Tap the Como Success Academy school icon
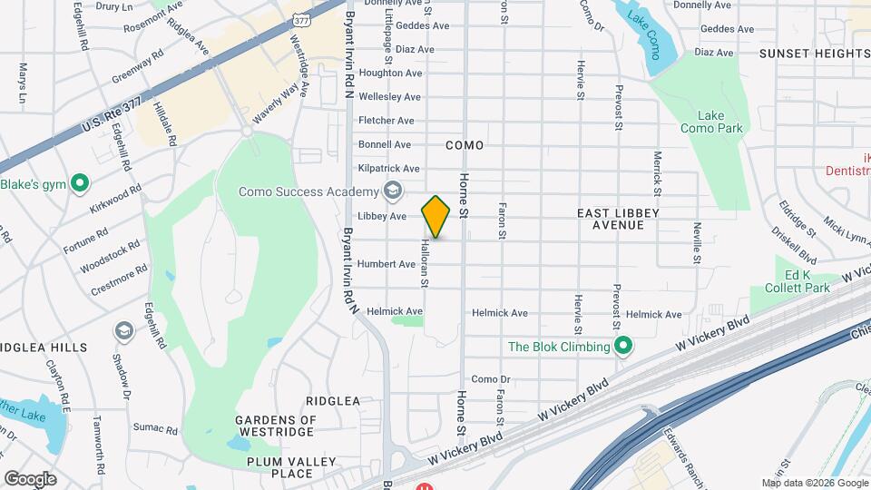392,191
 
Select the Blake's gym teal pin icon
80,184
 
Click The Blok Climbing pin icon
623,347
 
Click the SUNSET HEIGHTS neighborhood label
814,54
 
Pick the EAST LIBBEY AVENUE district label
618,219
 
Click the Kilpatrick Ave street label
388,169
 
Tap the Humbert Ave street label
386,264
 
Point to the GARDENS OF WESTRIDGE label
275,426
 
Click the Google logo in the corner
30,478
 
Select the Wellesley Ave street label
389,96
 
